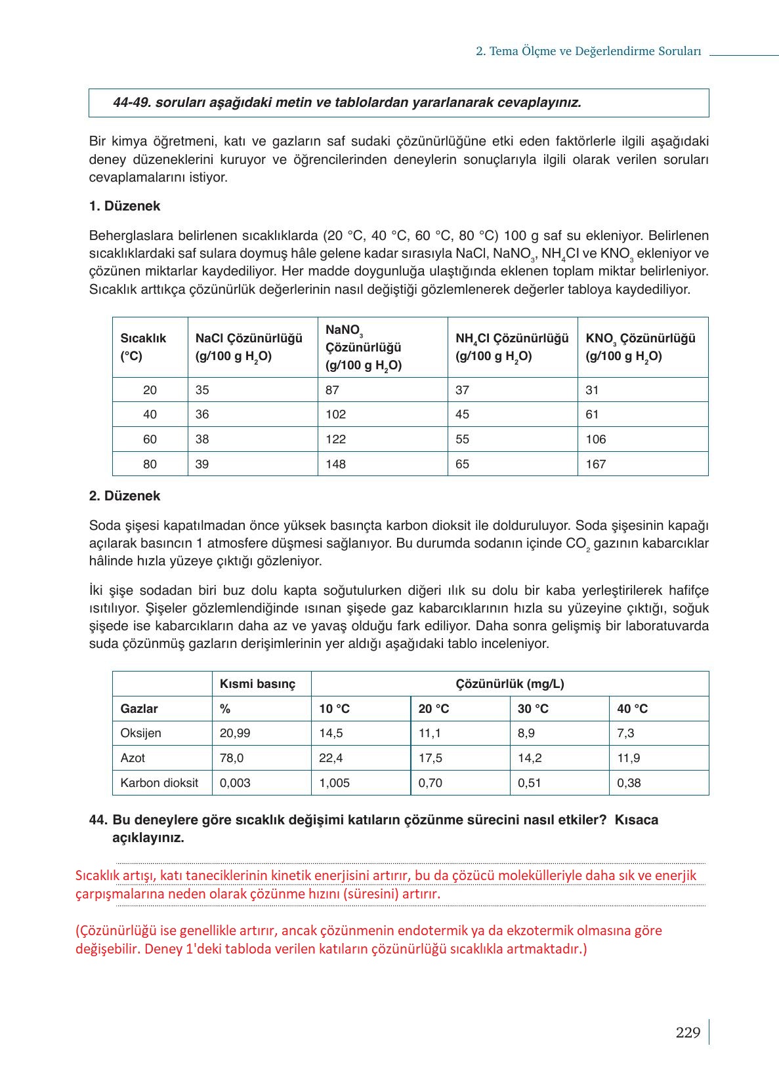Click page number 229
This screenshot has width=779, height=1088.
pos(688,1033)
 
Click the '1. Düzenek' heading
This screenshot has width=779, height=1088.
pos(125,207)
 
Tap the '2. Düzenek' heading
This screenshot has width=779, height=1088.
pos(125,496)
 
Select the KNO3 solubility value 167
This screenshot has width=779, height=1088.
pos(596,464)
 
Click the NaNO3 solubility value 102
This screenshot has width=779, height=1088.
pos(335,414)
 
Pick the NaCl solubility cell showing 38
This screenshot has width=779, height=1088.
pos(202,439)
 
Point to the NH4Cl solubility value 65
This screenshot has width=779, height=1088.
pos(463,464)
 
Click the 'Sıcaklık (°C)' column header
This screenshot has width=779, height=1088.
pos(143,347)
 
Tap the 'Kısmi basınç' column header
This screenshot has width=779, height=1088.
pos(257,684)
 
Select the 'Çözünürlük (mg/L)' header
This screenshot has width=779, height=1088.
pos(509,684)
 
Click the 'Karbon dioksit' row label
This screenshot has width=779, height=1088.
pos(159,783)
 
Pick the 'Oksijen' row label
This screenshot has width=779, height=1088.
pos(140,733)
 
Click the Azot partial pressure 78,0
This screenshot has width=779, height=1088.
pos(232,758)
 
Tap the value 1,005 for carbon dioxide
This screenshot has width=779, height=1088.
pos(334,783)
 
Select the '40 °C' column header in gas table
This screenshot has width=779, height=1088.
pos(632,709)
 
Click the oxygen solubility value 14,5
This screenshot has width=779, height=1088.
pos(331,733)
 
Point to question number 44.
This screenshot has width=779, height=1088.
pos(98,820)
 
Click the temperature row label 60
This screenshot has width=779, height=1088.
pos(150,439)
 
